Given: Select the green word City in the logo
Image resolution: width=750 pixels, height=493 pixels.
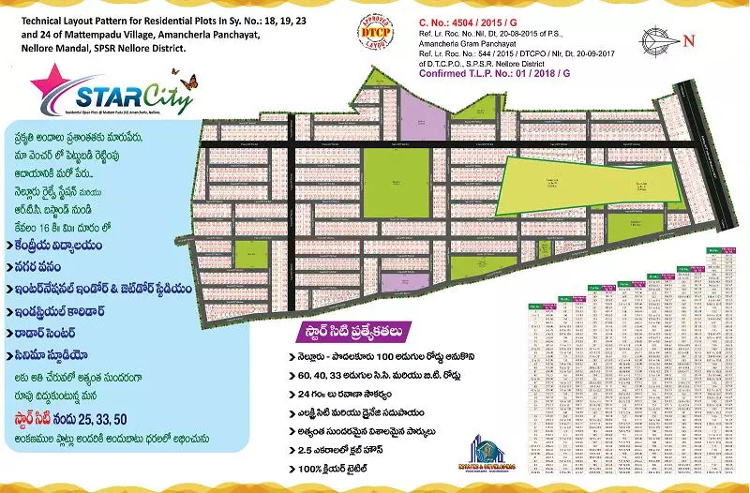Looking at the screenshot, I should (x=168, y=98).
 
